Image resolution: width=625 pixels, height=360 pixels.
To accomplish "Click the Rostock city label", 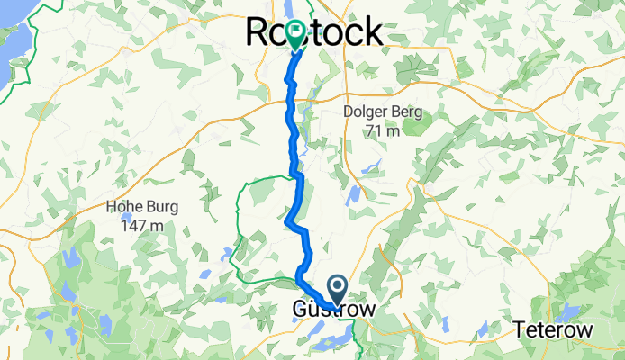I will click(x=314, y=32).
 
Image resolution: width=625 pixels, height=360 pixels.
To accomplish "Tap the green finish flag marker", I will click(x=295, y=34).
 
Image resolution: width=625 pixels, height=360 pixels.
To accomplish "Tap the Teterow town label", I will click(x=554, y=330).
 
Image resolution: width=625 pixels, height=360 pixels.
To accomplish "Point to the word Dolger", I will click(x=367, y=112).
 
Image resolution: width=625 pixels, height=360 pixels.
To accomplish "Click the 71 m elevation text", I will click(x=383, y=131).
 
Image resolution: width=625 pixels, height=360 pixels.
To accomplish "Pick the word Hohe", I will click(x=124, y=206).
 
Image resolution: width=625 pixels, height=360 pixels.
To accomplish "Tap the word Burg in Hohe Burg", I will click(x=161, y=206).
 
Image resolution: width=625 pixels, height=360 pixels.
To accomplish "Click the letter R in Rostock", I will click(x=259, y=32).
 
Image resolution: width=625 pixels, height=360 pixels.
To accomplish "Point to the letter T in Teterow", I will click(x=521, y=330).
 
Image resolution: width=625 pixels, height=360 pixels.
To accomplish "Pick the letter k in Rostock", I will click(x=370, y=32).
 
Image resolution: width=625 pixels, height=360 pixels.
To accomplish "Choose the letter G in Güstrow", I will click(x=301, y=310).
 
